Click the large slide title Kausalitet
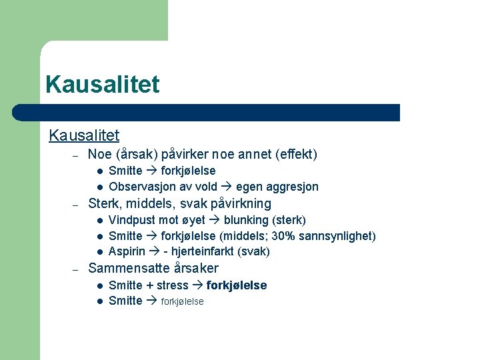103,85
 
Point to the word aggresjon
293,187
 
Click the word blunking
246,220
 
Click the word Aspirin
126,251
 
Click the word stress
173,285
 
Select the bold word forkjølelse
237,285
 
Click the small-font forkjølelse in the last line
183,301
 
